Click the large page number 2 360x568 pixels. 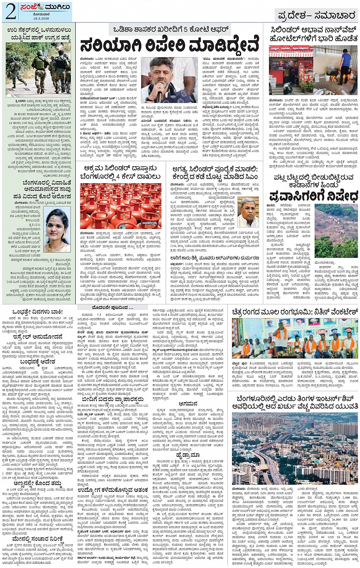11,12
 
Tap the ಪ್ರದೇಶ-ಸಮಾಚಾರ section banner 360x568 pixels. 317,15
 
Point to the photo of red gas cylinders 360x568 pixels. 121,206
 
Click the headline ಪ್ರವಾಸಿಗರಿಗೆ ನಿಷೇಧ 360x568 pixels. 314,196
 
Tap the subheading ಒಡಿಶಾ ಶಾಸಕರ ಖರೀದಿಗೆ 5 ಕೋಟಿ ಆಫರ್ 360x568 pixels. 171,30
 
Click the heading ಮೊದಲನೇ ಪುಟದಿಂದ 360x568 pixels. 109,307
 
